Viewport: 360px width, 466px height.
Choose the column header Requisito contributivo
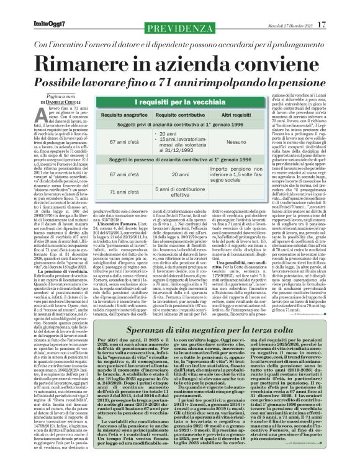pyautogui.click(x=168, y=115)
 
